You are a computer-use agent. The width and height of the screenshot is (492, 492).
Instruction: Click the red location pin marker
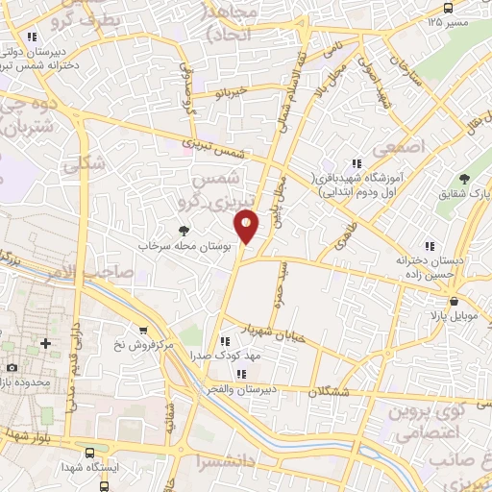click(x=247, y=225)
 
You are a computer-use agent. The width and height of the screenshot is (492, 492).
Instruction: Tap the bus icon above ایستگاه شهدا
click(x=89, y=450)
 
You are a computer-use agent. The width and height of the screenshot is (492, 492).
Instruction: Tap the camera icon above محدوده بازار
click(x=11, y=368)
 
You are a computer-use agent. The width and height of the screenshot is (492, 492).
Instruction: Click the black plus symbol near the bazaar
click(x=44, y=343)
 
